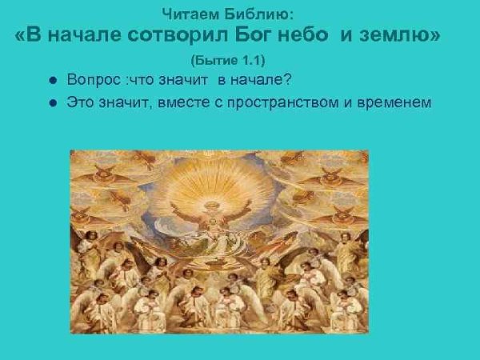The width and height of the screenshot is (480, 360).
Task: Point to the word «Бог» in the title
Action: (261, 36)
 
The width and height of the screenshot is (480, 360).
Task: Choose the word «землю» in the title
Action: (402, 36)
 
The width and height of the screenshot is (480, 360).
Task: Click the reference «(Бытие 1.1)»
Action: (227, 61)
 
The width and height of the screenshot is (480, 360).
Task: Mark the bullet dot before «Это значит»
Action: (52, 103)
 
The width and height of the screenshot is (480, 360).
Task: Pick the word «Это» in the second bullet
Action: (81, 102)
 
